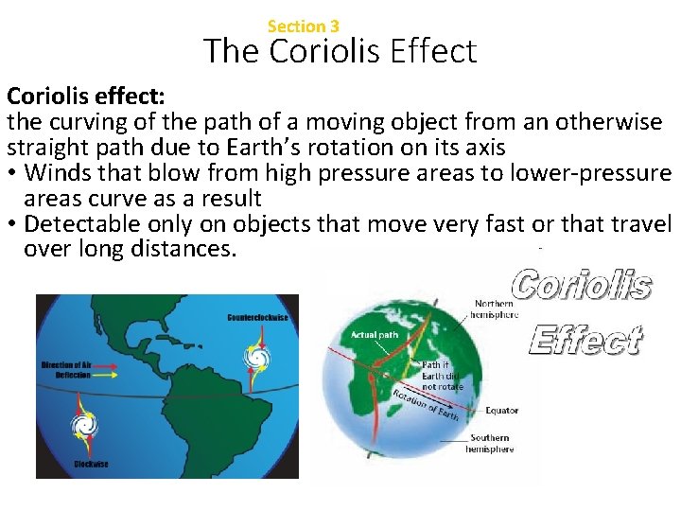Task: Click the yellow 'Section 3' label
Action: [x=303, y=26]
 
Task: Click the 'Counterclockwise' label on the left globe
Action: [x=258, y=318]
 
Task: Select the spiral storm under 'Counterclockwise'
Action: [x=256, y=357]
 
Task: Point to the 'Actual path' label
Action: [x=375, y=334]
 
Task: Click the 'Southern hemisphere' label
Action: [x=490, y=443]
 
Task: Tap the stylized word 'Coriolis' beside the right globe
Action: [x=581, y=284]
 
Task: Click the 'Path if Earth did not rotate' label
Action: [x=443, y=375]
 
